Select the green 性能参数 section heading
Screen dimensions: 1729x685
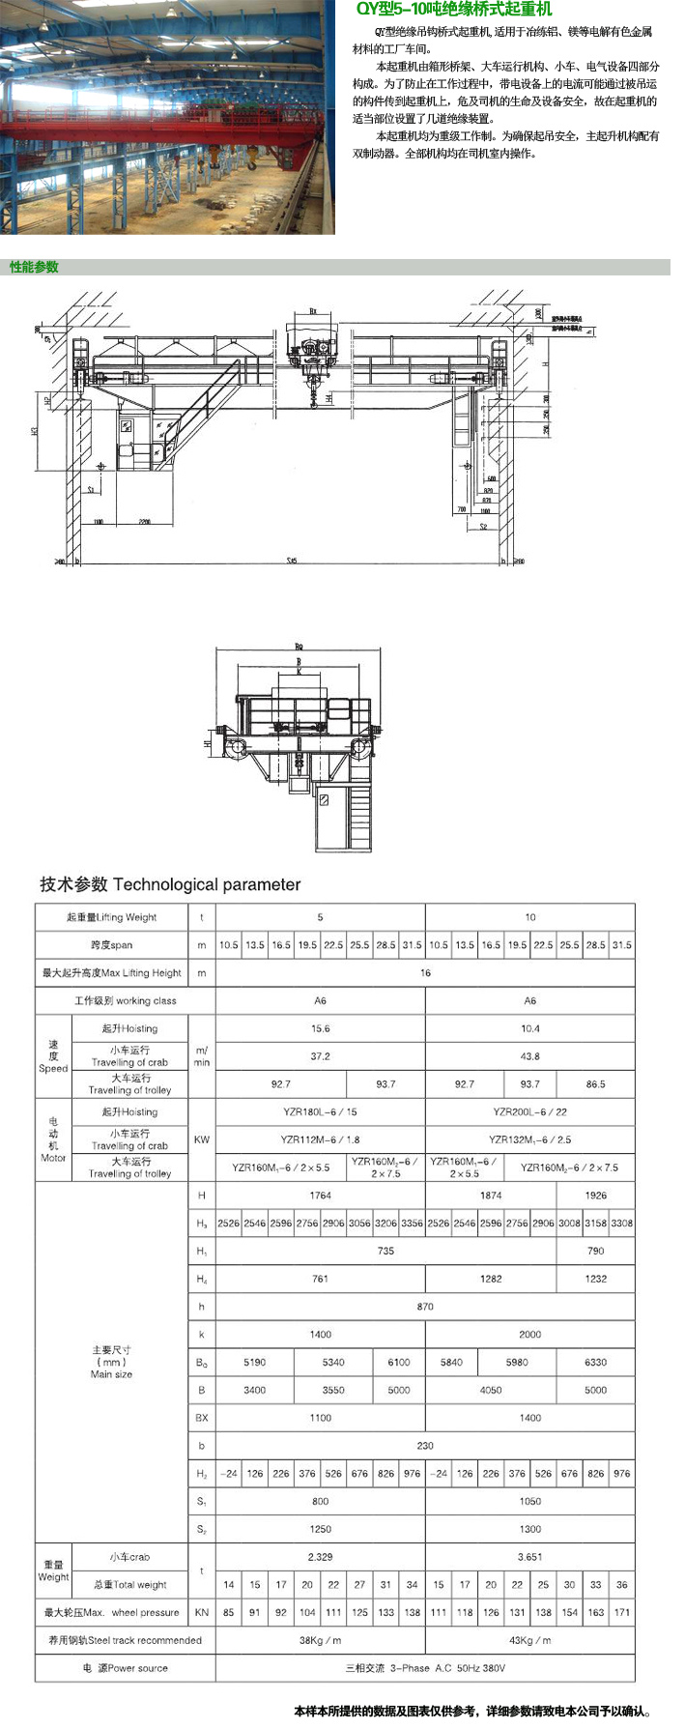coord(35,267)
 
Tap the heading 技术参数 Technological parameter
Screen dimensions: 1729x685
coord(170,884)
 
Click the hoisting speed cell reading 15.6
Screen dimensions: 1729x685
coord(320,1028)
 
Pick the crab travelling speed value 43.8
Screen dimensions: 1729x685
coord(529,1056)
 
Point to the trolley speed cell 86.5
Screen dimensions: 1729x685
coord(595,1084)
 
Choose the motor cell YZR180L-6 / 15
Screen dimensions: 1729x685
coord(320,1111)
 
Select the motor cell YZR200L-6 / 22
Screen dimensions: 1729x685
coord(529,1111)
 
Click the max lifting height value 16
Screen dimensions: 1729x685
coord(425,973)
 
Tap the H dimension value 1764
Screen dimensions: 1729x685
coord(320,1196)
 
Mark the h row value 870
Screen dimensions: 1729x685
coord(425,1307)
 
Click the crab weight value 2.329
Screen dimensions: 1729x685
coord(320,1557)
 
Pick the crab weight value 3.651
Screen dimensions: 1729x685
coord(529,1557)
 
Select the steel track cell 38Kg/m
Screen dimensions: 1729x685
coord(320,1640)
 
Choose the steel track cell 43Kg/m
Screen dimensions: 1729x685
coord(529,1640)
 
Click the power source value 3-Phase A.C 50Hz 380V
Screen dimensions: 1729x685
coord(425,1668)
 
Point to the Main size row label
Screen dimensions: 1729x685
coord(112,1362)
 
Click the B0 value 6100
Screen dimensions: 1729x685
coord(398,1362)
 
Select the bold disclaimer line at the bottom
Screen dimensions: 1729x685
coord(472,1711)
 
